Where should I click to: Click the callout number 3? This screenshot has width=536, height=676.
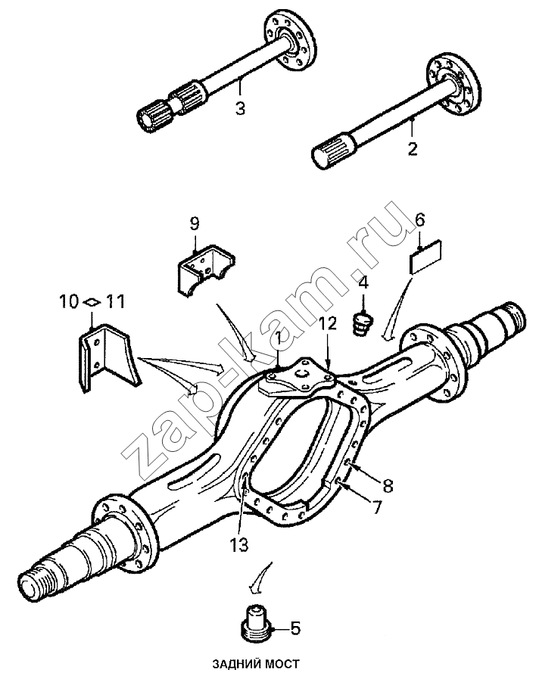tap(240, 108)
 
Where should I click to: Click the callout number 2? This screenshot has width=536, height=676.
tap(413, 148)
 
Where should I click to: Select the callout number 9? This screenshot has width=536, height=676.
tap(195, 223)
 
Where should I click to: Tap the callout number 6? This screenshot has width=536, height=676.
tap(419, 220)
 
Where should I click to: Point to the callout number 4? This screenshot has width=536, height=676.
tap(363, 284)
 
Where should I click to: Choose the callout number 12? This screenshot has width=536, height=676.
tap(327, 325)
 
